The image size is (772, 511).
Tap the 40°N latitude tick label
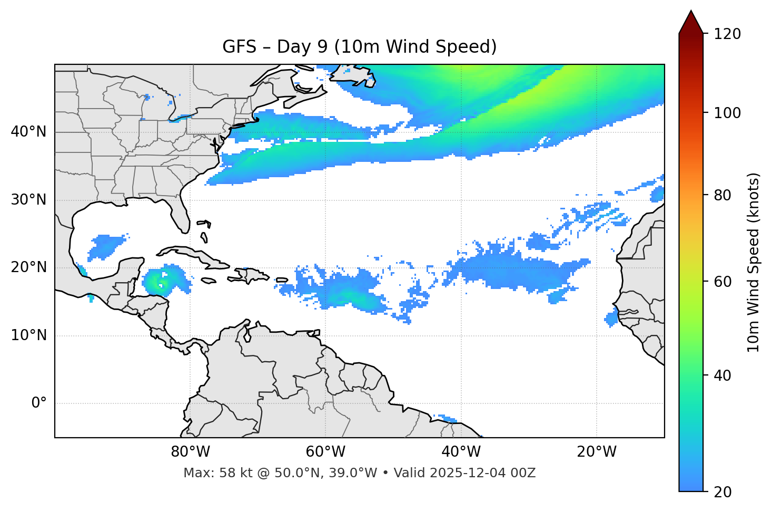click(x=28, y=132)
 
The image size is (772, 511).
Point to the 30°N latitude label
click(x=28, y=200)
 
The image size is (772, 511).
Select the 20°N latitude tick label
click(x=28, y=267)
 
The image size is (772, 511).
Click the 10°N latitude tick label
click(x=28, y=335)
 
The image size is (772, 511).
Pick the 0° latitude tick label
click(x=39, y=403)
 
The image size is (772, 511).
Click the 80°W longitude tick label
click(x=190, y=452)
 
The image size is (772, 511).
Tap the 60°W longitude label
click(x=325, y=452)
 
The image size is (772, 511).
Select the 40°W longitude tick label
click(x=461, y=452)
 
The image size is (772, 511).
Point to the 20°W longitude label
click(x=596, y=452)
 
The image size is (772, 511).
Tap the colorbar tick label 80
click(x=725, y=195)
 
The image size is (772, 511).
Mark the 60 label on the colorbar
click(x=725, y=282)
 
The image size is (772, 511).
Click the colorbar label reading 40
click(x=725, y=375)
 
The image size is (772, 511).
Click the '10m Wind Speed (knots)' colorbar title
click(x=754, y=262)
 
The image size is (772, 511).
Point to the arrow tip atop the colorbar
click(x=691, y=12)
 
